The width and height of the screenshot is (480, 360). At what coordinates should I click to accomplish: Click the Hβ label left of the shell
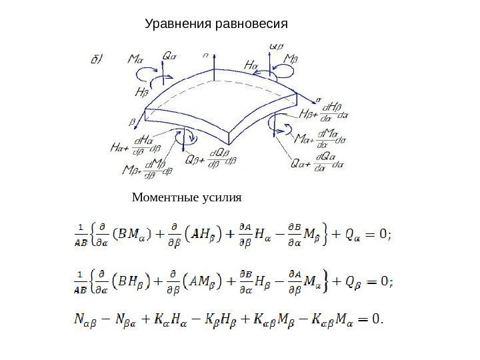point(142,92)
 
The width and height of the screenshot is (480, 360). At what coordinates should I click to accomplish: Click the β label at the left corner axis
point(131,122)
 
